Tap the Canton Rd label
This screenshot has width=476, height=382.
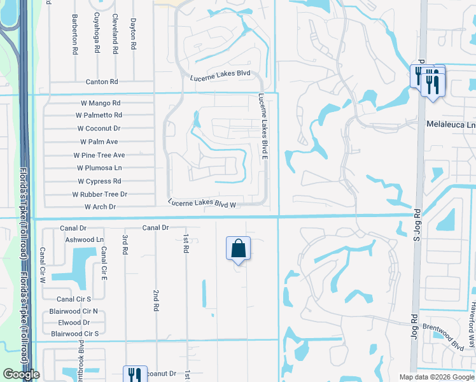[x=102, y=82]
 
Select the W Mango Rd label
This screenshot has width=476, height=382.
[x=101, y=103]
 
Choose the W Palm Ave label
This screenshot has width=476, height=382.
[x=99, y=142]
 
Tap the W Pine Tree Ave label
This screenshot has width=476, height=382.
[x=99, y=155]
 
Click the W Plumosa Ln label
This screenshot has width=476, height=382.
[x=99, y=168]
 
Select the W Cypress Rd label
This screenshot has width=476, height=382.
[x=99, y=181]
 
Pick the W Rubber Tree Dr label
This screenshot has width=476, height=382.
[x=99, y=194]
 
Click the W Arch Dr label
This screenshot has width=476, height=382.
[x=100, y=207]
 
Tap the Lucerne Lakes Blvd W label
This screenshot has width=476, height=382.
[x=202, y=203]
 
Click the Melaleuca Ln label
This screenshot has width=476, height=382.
[x=451, y=125]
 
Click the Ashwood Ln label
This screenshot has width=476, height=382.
[x=84, y=239]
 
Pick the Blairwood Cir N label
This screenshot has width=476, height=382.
[x=73, y=311]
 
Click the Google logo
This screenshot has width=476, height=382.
[x=21, y=374]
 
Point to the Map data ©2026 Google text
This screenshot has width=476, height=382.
[x=437, y=377]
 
